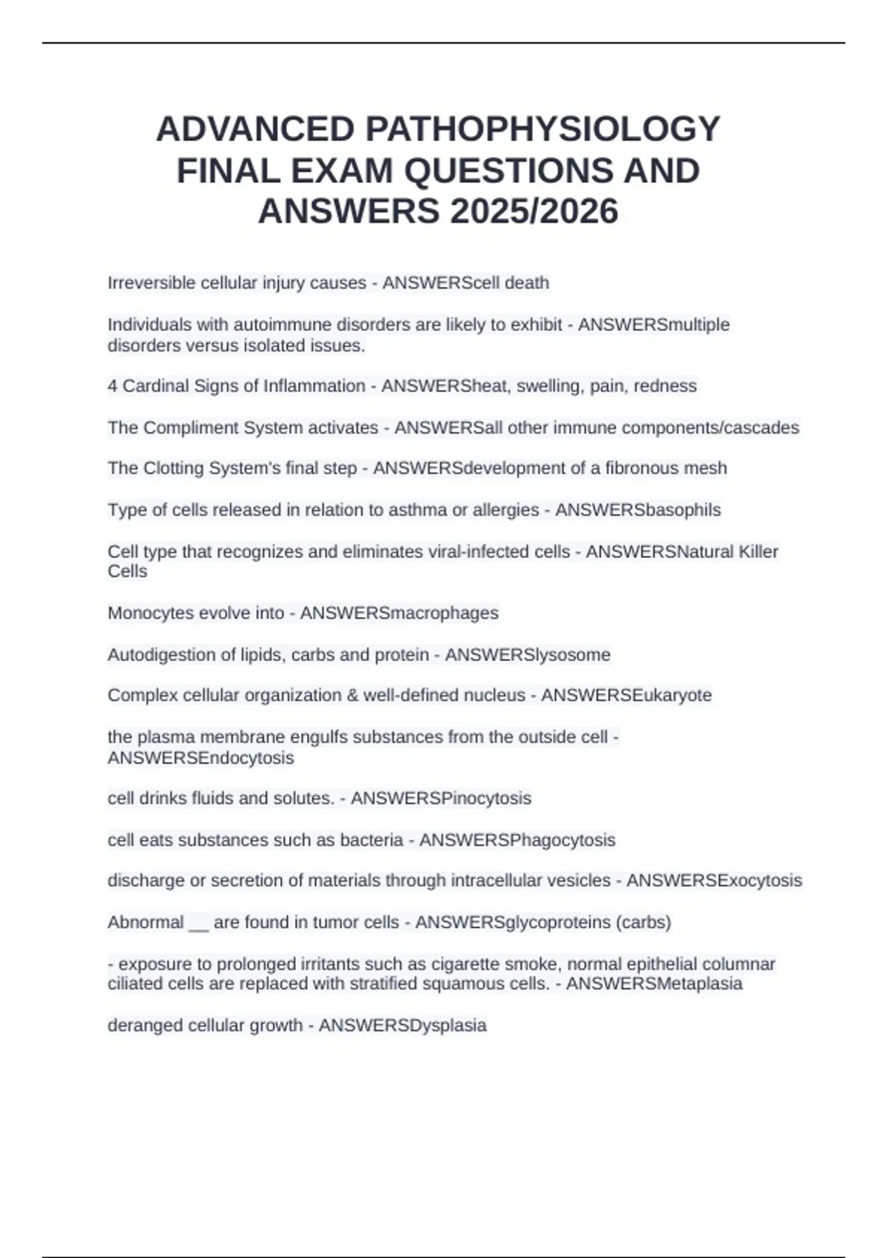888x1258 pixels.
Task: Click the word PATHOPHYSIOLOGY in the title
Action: click(x=542, y=129)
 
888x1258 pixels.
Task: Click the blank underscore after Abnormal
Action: click(x=199, y=925)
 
